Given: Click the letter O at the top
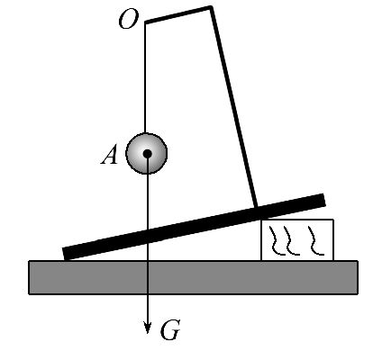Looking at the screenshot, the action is [x=129, y=19].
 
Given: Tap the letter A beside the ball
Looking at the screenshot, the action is [x=109, y=156].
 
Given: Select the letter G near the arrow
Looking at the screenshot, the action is [x=170, y=330].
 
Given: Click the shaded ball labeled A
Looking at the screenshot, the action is [x=147, y=153].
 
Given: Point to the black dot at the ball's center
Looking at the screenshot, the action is [x=147, y=154].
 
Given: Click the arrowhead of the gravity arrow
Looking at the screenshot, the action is [x=147, y=328].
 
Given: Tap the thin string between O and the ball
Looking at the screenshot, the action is [x=145, y=78].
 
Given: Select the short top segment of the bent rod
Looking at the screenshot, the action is [x=178, y=14].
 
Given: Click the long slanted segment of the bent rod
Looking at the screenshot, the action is [x=233, y=107].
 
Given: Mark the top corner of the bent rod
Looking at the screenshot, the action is [x=211, y=7].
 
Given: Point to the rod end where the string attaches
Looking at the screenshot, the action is [x=146, y=22].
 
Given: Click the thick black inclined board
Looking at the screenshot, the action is [x=194, y=227].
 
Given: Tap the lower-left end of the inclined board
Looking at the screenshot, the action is [x=65, y=254].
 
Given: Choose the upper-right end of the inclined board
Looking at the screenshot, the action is [x=323, y=200].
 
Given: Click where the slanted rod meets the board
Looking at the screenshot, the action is [x=256, y=207].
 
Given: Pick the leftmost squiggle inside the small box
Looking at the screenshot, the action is [x=277, y=241].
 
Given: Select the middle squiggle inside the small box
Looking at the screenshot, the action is [x=291, y=241].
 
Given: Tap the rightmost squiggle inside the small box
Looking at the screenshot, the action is [x=315, y=241].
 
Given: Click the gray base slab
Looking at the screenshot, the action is [x=193, y=277].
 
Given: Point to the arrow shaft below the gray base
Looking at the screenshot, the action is [x=147, y=309].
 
